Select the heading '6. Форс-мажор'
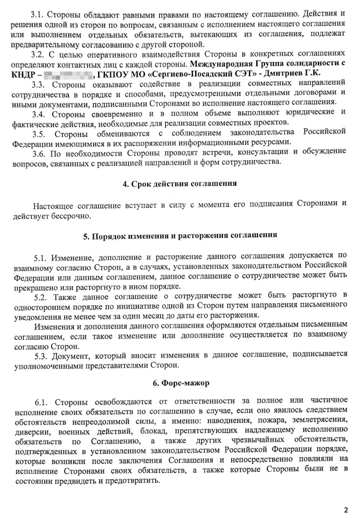(180, 383)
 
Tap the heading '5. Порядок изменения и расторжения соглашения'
(180, 235)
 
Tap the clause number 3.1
(40, 12)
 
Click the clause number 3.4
(40, 114)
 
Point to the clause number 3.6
(40, 152)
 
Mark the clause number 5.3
(40, 355)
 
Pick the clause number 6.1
(40, 400)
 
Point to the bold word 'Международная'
(216, 64)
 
